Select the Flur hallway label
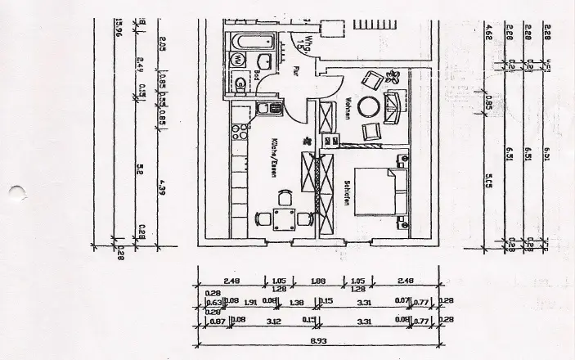coord(297,72)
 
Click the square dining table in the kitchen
coord(285,218)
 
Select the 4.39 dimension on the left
coord(162,190)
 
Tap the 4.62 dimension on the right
coord(489,37)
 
